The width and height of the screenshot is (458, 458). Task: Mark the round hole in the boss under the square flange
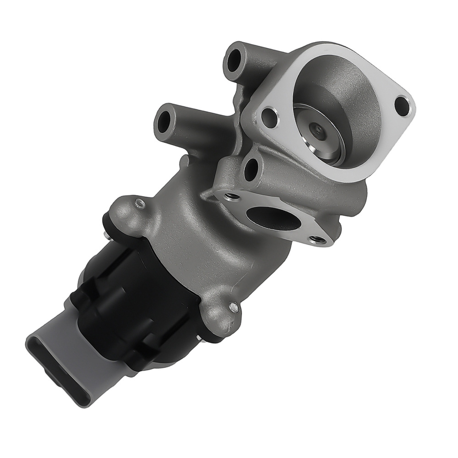[x=251, y=170]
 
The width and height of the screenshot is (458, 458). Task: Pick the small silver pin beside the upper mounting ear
[x=106, y=236]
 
